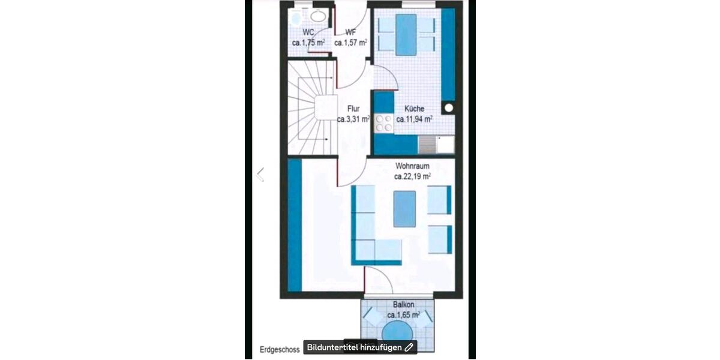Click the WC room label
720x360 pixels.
pos(308,32)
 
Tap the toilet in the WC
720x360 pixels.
pos(295,18)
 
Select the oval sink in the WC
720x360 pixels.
pos(318,17)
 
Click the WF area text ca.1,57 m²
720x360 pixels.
pos(350,43)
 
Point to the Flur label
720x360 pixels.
pos(353,109)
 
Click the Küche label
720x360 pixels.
pos(414,109)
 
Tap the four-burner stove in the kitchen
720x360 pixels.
pos(383,124)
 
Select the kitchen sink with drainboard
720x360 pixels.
pos(436,144)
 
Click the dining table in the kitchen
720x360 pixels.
pos(406,34)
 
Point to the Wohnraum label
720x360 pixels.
pos(412,166)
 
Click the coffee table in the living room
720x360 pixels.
pos(404,208)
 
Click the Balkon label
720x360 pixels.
pos(403,305)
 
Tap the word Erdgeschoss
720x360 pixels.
pos(279,349)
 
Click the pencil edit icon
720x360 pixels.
pos(409,347)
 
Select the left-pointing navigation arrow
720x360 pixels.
pos(260,175)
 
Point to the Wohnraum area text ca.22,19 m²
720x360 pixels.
pos(412,177)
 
